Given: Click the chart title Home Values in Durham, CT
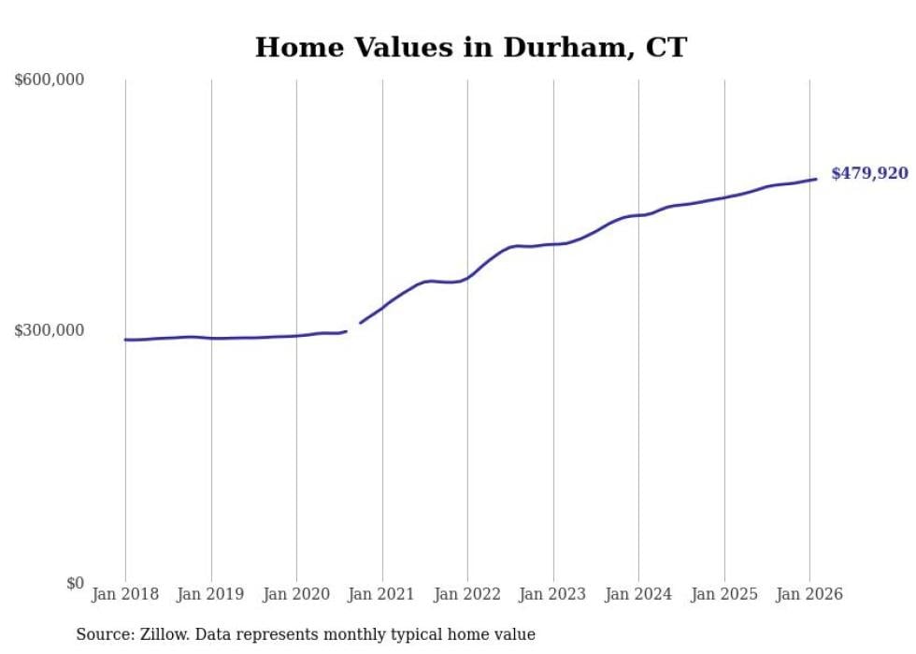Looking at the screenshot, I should click(470, 48).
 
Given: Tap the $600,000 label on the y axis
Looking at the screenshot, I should click(50, 80).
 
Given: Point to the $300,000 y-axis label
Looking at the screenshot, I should click(50, 330).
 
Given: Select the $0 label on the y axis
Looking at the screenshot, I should click(75, 583).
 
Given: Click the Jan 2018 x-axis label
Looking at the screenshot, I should click(125, 594).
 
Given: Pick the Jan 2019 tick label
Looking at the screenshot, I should click(210, 594).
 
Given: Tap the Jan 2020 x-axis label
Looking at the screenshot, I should click(296, 594).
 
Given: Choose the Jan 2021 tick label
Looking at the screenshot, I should click(381, 594).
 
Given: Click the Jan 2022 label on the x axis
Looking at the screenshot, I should click(467, 594).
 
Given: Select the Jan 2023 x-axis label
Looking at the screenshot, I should click(552, 594).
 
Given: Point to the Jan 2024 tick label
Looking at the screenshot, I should click(638, 594).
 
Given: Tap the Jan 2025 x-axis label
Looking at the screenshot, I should click(723, 594).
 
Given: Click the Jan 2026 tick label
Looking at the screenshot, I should click(809, 594).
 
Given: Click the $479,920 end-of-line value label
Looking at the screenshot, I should click(868, 173).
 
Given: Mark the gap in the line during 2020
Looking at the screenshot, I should click(353, 327).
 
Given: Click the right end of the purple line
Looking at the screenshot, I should click(816, 179).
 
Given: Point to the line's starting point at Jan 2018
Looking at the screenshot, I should click(125, 340).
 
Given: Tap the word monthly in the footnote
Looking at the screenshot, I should click(361, 634).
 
